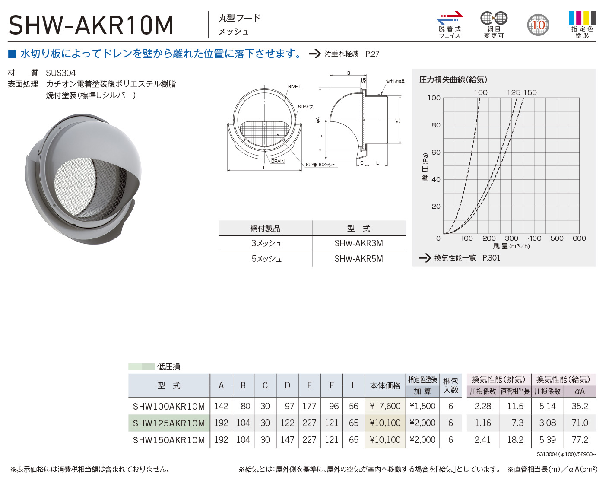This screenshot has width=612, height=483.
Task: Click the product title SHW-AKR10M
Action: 91,25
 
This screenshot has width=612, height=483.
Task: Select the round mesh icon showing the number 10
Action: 538,25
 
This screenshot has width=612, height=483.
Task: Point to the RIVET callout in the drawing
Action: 294,86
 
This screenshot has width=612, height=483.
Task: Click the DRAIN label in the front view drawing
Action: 278,161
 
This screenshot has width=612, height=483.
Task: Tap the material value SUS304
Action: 61,73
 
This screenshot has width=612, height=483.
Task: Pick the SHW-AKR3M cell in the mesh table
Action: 358,243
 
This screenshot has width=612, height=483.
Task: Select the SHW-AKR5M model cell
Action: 358,259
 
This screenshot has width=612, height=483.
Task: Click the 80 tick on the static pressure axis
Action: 436,125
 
